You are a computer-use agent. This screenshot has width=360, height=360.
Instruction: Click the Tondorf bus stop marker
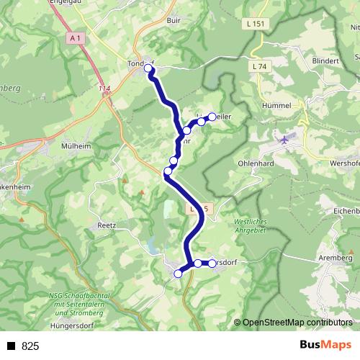(148, 68)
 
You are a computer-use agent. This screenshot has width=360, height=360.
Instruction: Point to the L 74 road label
(261, 66)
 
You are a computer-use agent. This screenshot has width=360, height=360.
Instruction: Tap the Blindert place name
(326, 61)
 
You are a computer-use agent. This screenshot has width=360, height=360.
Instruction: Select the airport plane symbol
(286, 139)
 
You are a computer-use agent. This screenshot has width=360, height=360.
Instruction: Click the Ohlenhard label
(255, 163)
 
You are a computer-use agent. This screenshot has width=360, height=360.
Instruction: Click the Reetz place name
(107, 225)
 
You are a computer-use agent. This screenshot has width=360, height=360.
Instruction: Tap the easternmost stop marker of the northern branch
(212, 116)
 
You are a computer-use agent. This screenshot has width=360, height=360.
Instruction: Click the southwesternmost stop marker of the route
(178, 273)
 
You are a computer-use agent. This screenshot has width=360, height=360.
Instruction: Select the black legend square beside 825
(11, 346)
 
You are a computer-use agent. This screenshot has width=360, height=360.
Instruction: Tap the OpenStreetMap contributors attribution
(297, 323)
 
